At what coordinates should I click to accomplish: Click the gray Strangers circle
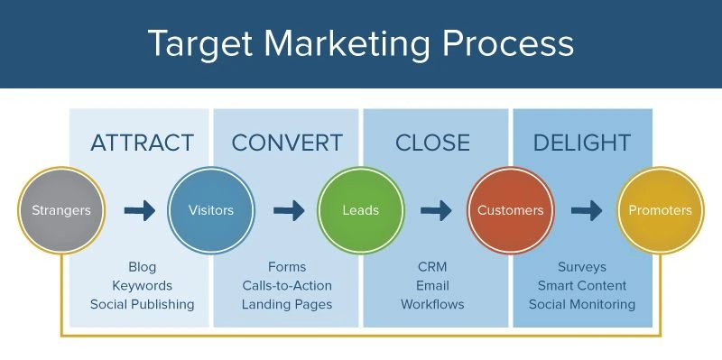60,210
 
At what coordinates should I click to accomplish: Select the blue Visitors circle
210,210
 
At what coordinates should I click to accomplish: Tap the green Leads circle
360,210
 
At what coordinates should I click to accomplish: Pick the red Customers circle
510,210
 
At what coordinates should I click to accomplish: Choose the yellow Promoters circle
660,210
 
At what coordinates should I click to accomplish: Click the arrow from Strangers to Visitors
139,210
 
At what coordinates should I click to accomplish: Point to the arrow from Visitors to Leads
288,210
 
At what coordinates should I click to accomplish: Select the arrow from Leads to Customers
437,210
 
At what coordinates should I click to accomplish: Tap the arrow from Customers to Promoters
587,210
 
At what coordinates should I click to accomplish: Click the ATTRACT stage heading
142,143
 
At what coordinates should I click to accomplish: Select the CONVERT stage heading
287,143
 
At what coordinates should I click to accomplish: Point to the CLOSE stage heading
432,143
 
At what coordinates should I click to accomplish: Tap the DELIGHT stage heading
581,143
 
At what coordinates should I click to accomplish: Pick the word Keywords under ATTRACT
142,285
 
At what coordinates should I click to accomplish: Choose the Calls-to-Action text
287,285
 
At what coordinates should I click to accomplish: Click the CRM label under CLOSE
432,266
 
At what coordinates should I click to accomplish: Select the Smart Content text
582,285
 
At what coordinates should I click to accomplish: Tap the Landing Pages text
287,304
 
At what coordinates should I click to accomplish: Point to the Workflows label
432,304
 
